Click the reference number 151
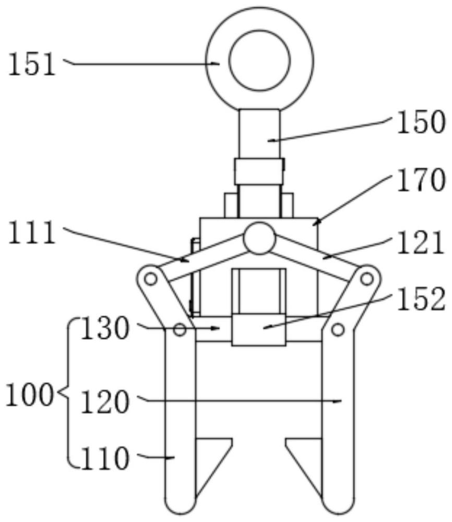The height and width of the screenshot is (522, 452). click(x=32, y=65)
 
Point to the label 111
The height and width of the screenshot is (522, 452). click(x=32, y=233)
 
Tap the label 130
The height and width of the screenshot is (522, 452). click(x=105, y=328)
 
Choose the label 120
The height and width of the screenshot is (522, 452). click(x=105, y=402)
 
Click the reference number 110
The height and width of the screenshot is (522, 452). click(x=105, y=458)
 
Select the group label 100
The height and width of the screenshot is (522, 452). click(x=29, y=395)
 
